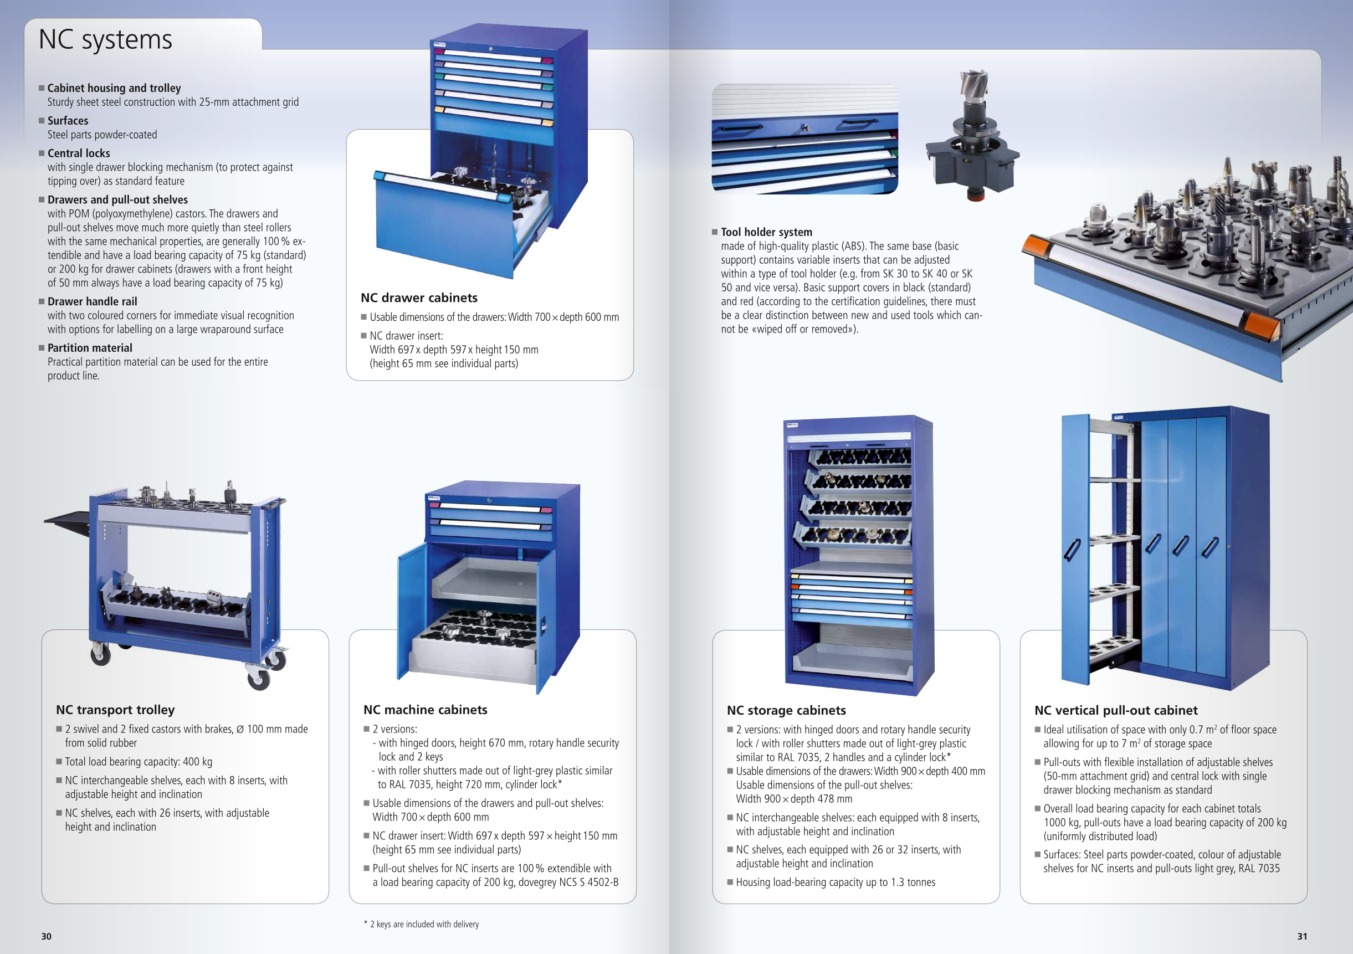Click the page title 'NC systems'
point(105,40)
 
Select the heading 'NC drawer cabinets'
point(419,298)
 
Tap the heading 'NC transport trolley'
point(115,710)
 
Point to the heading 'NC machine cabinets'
point(426,710)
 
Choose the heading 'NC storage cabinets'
point(786,710)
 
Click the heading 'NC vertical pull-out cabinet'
point(1116,710)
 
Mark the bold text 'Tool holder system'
point(767,232)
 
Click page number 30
point(47,936)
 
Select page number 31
point(1303,936)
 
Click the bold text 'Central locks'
point(79,153)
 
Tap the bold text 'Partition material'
point(90,348)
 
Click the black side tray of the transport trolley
point(67,521)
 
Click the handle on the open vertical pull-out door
point(1072,551)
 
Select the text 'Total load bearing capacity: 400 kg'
point(139,761)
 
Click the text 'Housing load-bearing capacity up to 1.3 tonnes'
point(836,882)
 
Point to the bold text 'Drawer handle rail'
point(93,301)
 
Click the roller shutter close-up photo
point(805,139)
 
